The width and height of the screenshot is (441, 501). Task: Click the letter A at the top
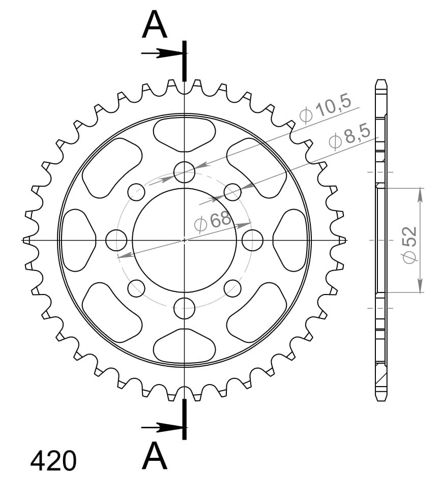pyautogui.click(x=155, y=26)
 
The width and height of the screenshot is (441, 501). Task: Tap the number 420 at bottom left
pyautogui.click(x=53, y=462)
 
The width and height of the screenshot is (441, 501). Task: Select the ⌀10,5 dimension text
pyautogui.click(x=326, y=109)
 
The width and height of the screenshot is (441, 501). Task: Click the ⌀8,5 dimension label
pyautogui.click(x=348, y=138)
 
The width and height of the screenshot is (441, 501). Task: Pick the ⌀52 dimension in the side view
pyautogui.click(x=410, y=244)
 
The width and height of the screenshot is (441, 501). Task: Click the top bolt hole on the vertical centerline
pyautogui.click(x=184, y=172)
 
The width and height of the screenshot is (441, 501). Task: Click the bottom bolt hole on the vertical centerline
pyautogui.click(x=184, y=307)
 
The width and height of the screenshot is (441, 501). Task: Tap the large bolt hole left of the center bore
pyautogui.click(x=116, y=240)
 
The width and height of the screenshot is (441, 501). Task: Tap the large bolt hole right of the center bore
pyautogui.click(x=252, y=240)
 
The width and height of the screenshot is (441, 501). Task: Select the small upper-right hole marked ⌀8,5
pyautogui.click(x=232, y=192)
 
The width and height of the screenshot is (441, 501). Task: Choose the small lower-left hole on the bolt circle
pyautogui.click(x=136, y=288)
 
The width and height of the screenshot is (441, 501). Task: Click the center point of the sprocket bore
pyautogui.click(x=184, y=240)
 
